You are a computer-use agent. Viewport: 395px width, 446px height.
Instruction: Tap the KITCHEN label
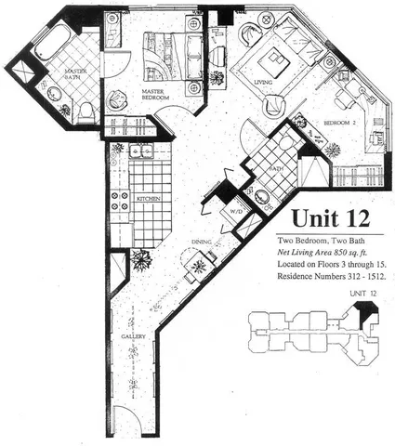point(151,200)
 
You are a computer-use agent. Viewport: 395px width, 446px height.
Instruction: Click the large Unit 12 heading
point(331,219)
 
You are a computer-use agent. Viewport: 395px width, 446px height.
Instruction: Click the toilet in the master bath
point(85,111)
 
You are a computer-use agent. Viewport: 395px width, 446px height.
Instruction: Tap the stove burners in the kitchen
point(119,204)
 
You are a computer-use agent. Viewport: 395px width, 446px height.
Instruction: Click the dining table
point(197,269)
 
